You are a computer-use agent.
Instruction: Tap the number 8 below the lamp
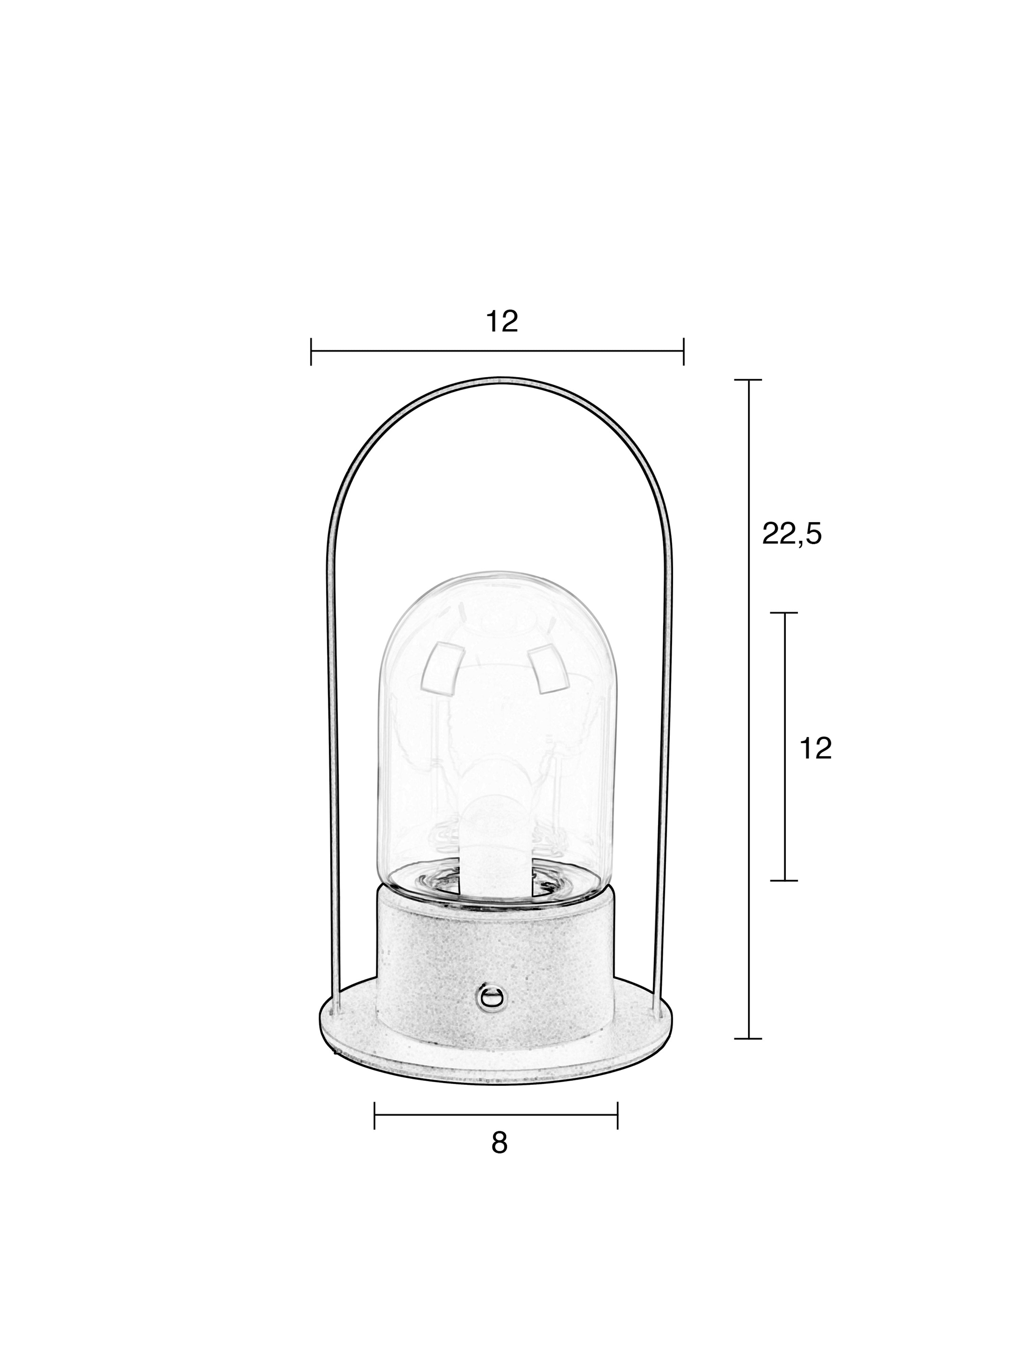coord(499,1143)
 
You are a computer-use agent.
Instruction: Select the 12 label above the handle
coord(502,322)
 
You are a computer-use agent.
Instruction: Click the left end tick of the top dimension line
coord(311,351)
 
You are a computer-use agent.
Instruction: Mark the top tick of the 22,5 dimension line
coord(748,380)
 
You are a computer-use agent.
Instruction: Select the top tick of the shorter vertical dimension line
coord(784,613)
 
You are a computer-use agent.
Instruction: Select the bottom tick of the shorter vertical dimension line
coord(784,881)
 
